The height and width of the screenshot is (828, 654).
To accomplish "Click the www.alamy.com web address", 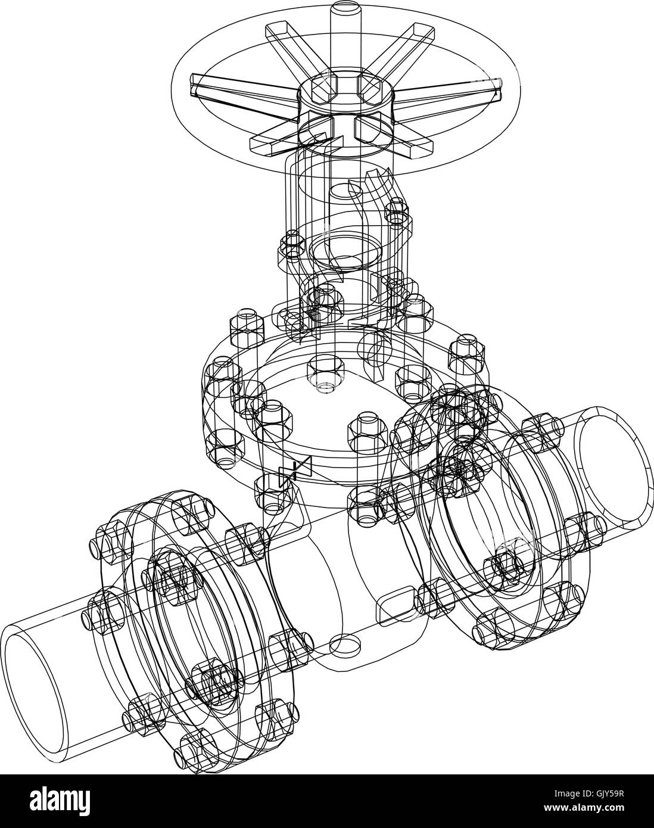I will click(x=596, y=810).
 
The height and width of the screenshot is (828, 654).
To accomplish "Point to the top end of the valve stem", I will click(x=344, y=12).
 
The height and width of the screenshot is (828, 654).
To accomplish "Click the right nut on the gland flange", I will click(x=397, y=211).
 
